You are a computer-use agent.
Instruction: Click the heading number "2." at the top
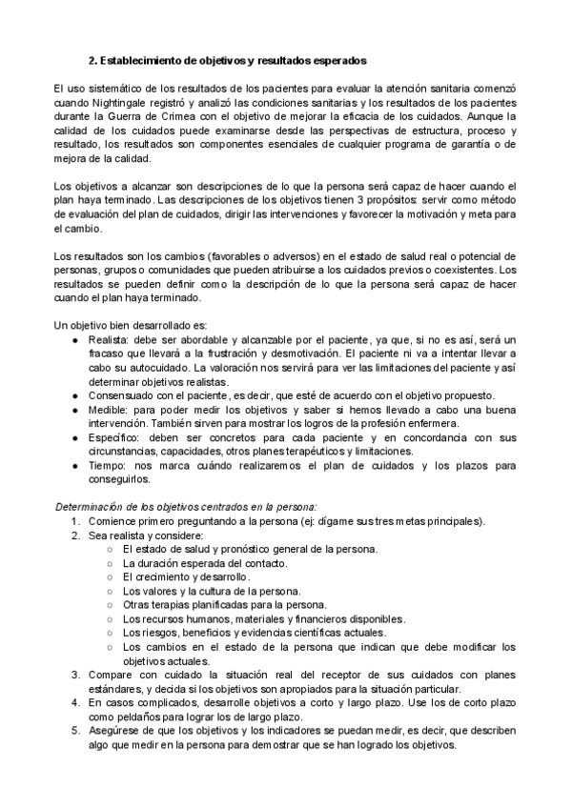pyautogui.click(x=94, y=60)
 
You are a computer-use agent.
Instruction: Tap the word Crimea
pyautogui.click(x=198, y=115)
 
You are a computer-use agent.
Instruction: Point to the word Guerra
pyautogui.click(x=140, y=115)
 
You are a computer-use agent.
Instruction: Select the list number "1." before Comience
pyautogui.click(x=75, y=521)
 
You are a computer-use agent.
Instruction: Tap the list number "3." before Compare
pyautogui.click(x=75, y=675)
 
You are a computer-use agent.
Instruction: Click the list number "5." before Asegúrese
pyautogui.click(x=75, y=730)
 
